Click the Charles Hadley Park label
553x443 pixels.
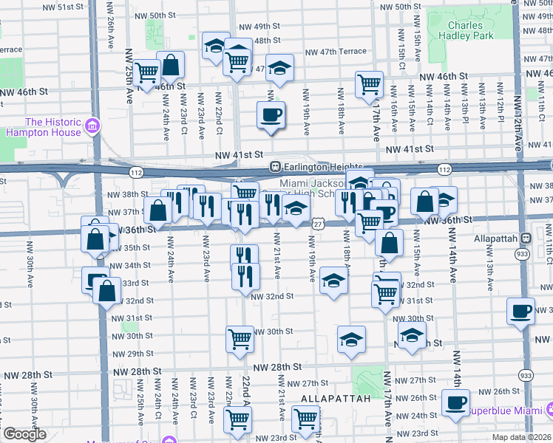(466, 29)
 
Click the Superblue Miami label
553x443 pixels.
(505, 409)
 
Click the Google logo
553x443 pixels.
(24, 434)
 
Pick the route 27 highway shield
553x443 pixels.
(317, 222)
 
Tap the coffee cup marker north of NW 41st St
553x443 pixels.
(271, 115)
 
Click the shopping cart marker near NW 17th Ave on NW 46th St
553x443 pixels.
(369, 84)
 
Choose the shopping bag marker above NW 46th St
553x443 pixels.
(171, 66)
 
